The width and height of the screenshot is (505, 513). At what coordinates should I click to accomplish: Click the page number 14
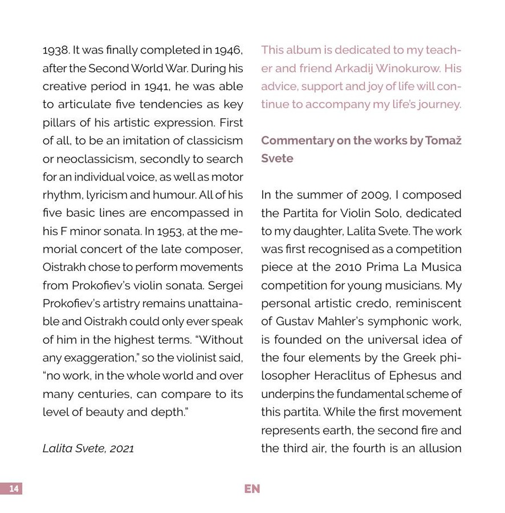14,489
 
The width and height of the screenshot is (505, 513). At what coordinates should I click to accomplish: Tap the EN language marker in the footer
252,489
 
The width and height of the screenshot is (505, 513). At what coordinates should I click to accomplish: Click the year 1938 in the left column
55,50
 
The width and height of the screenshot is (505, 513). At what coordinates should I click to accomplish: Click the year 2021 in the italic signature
121,449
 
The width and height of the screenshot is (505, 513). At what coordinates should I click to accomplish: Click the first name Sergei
226,286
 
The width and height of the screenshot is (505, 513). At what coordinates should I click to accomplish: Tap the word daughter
317,231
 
